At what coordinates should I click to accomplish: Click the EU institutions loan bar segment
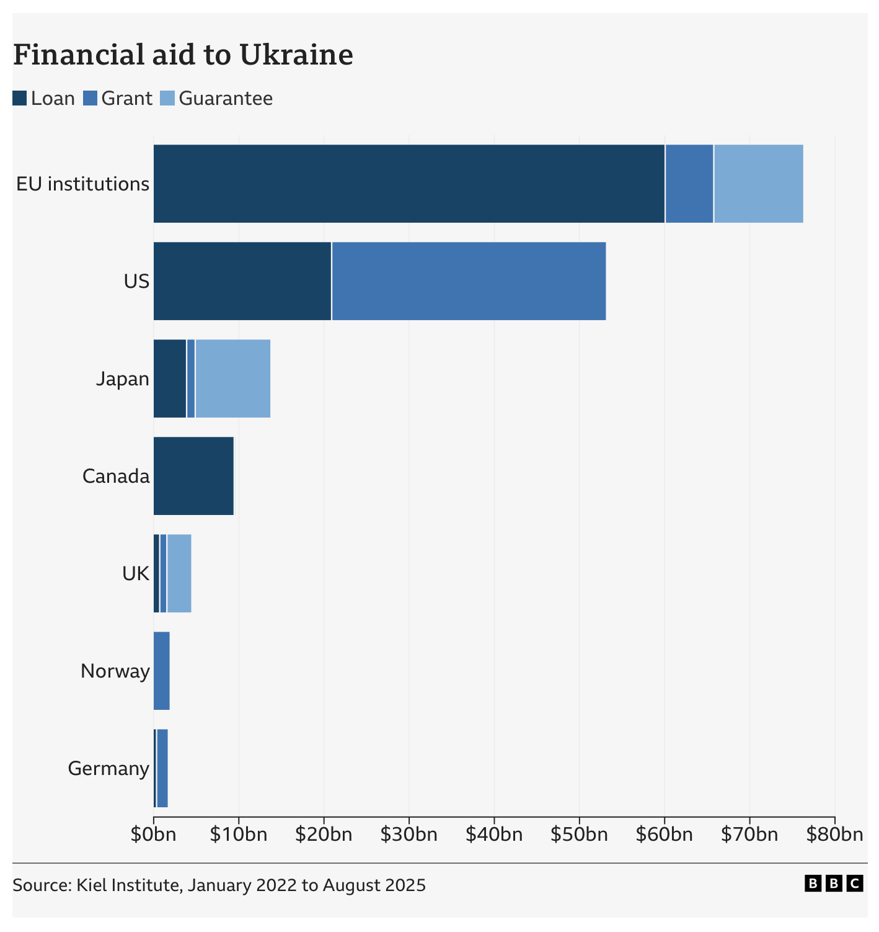point(409,184)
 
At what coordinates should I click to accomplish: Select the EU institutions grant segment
point(689,184)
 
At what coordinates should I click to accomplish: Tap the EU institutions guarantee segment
point(758,184)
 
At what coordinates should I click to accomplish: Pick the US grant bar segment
point(469,281)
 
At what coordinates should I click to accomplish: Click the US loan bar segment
point(242,281)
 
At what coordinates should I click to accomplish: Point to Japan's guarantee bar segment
point(232,379)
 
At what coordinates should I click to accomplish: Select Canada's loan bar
point(193,476)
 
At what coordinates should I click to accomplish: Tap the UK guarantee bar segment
point(179,573)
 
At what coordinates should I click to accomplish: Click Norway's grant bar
point(162,671)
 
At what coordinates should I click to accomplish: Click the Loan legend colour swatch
point(20,99)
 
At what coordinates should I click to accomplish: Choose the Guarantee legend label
point(226,99)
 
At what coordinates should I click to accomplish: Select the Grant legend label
point(126,99)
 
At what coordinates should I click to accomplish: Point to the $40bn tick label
point(493,835)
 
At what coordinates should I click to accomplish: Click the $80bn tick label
point(834,835)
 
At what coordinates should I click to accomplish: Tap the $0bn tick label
point(153,835)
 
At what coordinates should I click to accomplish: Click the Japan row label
point(123,379)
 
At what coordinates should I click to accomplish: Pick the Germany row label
point(108,768)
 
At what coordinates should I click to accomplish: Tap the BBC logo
point(834,884)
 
